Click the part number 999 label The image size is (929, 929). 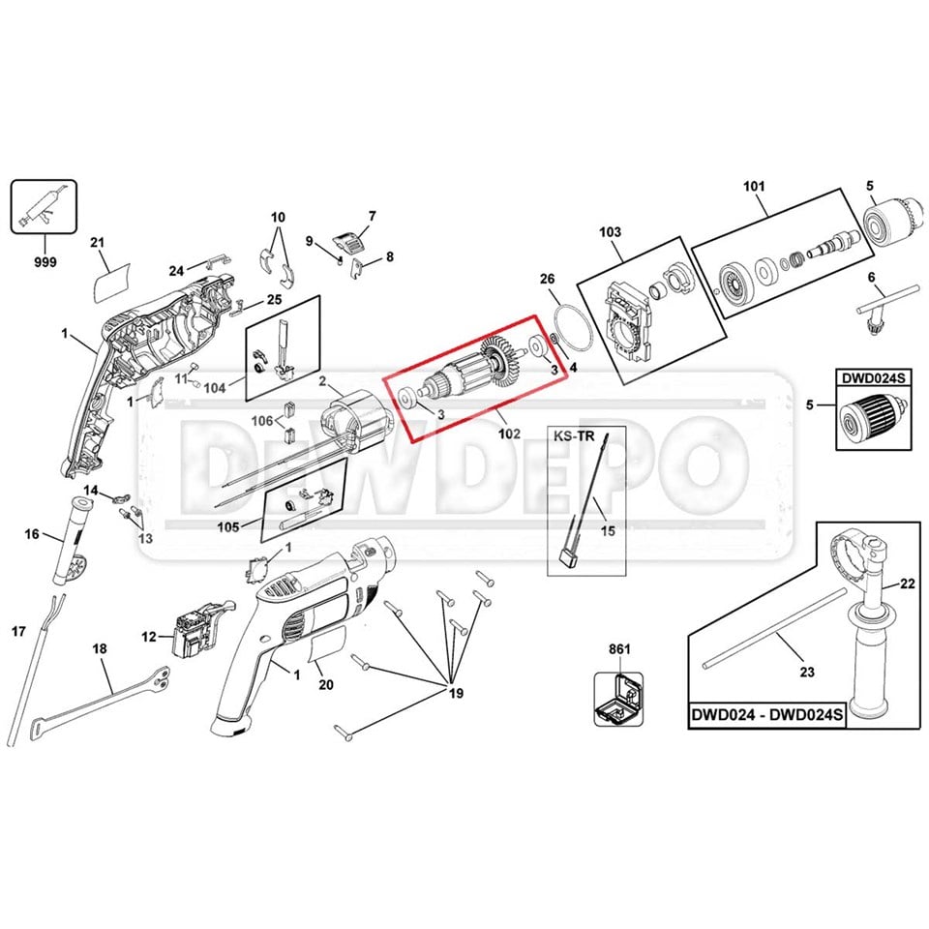[x=45, y=261]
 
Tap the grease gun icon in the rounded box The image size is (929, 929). [x=44, y=205]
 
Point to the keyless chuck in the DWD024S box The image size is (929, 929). [x=874, y=416]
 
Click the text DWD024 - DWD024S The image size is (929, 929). [x=766, y=714]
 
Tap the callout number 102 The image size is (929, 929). [x=509, y=434]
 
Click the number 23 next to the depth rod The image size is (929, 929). [x=807, y=672]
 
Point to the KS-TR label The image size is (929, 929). [x=574, y=436]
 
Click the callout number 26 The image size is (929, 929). [x=548, y=279]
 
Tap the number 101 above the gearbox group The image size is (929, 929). [x=754, y=186]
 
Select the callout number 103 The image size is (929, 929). [x=610, y=231]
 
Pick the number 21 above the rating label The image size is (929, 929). [x=97, y=242]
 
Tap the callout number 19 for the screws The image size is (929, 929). [x=456, y=693]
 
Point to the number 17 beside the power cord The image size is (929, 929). [x=18, y=632]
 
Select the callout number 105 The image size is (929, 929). [x=228, y=526]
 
